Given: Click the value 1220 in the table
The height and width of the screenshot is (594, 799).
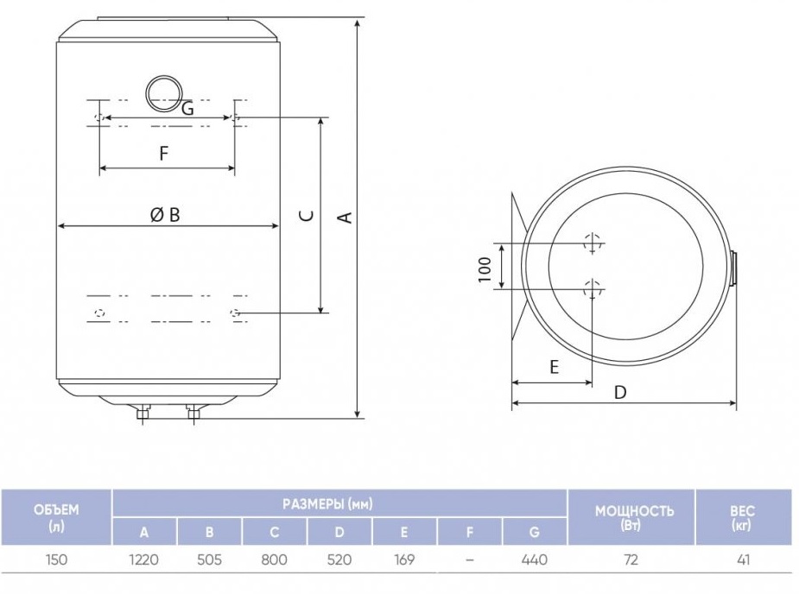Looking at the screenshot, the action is point(143,559).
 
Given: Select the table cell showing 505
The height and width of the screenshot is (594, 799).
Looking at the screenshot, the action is point(209,559).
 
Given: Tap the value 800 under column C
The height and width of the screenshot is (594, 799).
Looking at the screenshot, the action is point(274,559).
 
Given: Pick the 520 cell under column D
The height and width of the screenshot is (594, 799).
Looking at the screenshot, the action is point(339,559).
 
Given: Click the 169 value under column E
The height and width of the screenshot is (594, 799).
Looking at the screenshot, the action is point(404,559).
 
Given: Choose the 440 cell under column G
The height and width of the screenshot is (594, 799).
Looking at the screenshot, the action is point(535,559).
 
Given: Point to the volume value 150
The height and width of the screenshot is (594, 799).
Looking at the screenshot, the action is point(56,559).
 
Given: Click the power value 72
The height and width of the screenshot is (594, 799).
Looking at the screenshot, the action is point(631,559).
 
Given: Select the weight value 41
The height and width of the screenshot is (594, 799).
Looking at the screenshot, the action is point(744,559).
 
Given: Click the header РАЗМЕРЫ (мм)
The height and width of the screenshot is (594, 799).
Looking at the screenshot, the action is point(327,504).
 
